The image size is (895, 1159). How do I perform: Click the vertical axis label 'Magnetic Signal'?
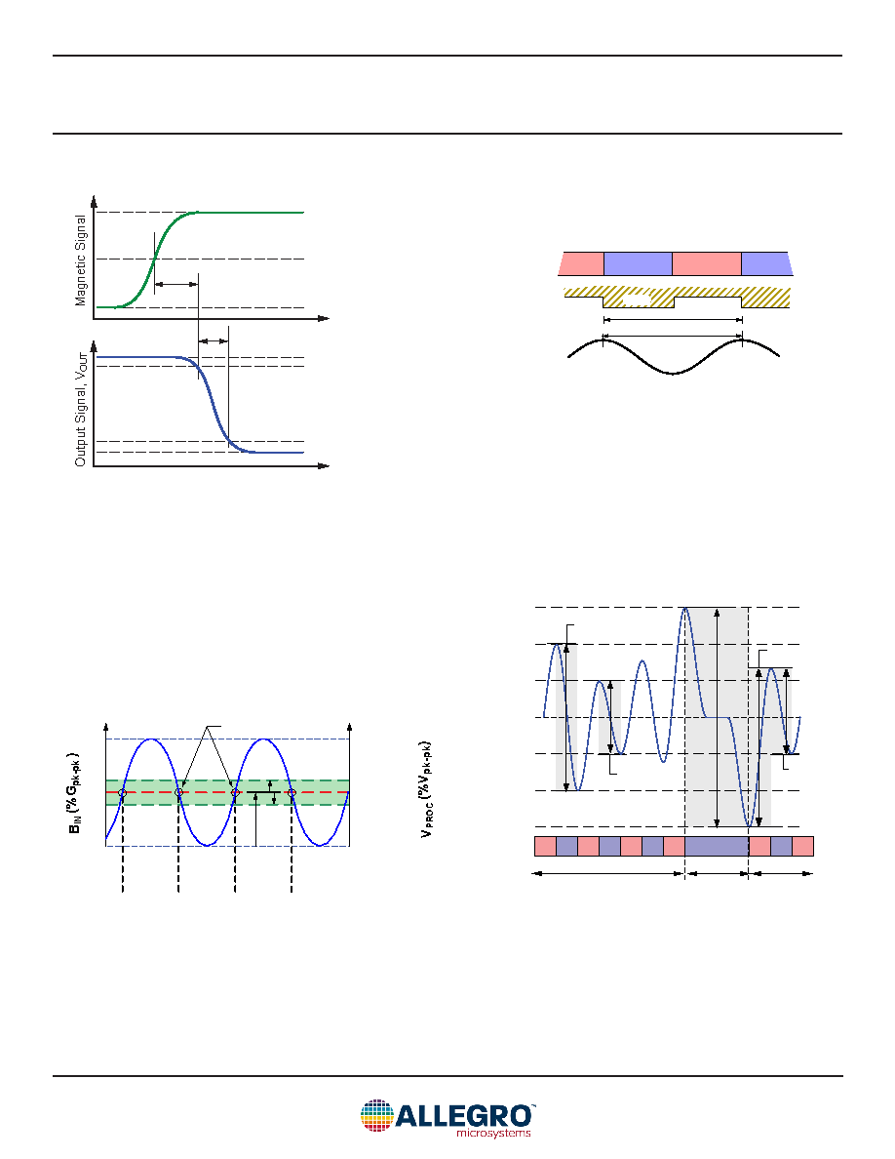[x=81, y=260]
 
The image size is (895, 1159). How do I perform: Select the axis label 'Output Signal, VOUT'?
[x=81, y=409]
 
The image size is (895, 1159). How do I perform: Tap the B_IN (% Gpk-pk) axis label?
[x=74, y=794]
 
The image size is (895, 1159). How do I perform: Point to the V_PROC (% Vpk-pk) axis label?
[x=426, y=789]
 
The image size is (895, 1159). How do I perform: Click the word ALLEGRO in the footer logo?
[x=464, y=1115]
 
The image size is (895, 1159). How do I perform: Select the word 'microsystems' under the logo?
[x=493, y=1133]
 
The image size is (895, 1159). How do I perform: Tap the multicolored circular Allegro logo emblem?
[x=376, y=1116]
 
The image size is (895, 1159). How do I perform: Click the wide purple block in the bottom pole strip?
[x=717, y=847]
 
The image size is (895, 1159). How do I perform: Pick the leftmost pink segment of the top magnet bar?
[x=582, y=263]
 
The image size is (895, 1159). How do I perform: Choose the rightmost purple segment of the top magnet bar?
[x=766, y=263]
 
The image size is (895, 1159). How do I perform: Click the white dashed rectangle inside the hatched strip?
[x=638, y=300]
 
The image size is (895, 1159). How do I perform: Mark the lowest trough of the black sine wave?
[x=673, y=374]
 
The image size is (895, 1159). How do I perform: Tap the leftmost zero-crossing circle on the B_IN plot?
[x=123, y=792]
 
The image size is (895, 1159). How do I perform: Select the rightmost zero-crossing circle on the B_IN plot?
[x=292, y=792]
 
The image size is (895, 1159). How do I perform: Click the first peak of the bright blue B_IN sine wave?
[x=151, y=739]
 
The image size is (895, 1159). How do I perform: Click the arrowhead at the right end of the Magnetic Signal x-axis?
[x=324, y=319]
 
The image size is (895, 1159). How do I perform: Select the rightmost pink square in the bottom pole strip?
[x=802, y=847]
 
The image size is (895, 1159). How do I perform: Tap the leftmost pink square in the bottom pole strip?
[x=545, y=847]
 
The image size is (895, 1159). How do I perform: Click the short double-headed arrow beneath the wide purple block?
[x=717, y=874]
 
